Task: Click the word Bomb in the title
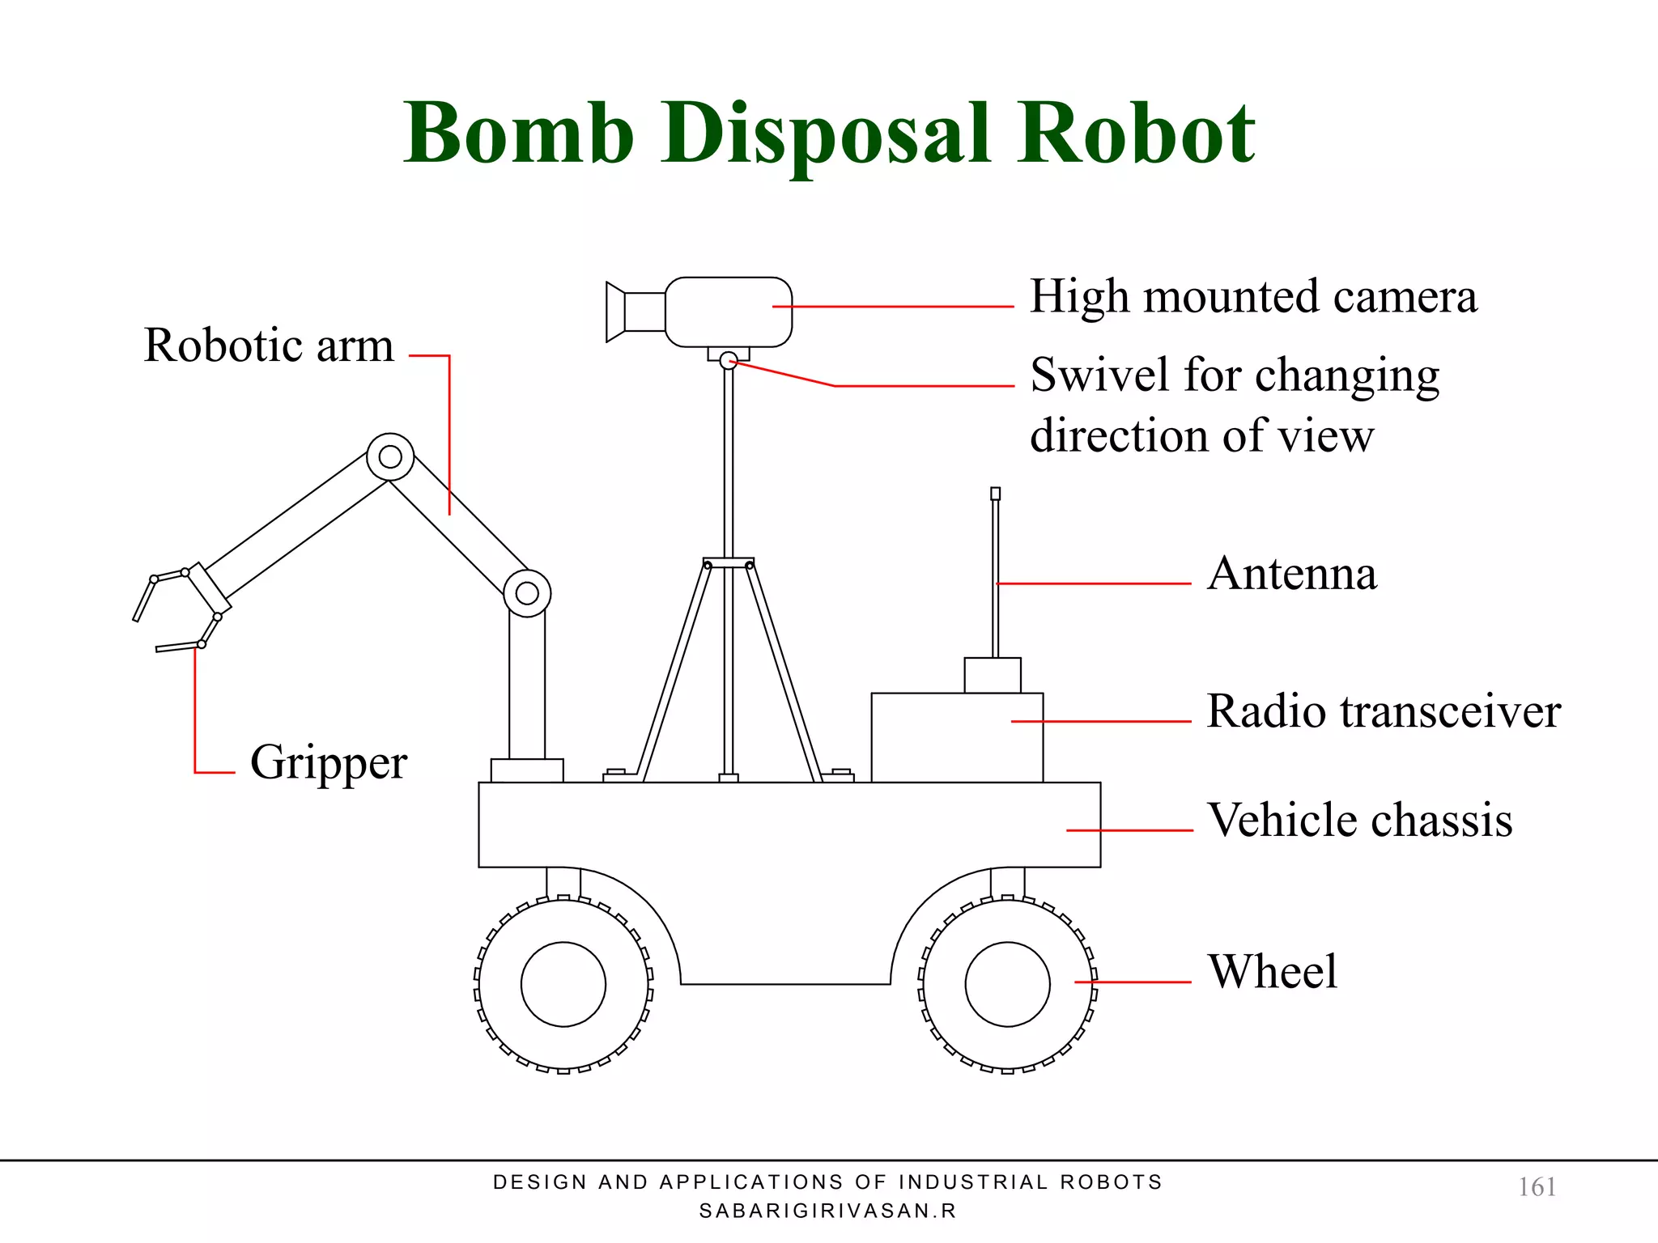point(518,134)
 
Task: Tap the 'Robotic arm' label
point(269,346)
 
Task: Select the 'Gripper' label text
point(328,762)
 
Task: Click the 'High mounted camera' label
point(1253,297)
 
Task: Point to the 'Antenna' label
point(1291,574)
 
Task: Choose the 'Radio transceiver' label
point(1383,712)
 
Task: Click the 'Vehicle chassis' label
point(1359,821)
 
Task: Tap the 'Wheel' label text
point(1272,971)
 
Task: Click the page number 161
point(1537,1187)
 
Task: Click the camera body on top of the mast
point(729,312)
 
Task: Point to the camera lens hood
point(616,312)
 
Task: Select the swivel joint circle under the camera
point(729,361)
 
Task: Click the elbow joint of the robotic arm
point(390,457)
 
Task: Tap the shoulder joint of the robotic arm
point(527,593)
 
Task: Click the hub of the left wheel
point(563,984)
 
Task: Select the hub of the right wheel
point(1007,984)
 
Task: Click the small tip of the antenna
point(996,494)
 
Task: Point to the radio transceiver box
point(957,737)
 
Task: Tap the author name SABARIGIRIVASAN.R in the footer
point(827,1211)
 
